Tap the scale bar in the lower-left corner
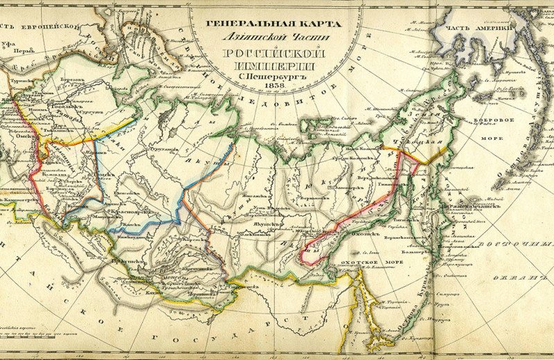(28, 332)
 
